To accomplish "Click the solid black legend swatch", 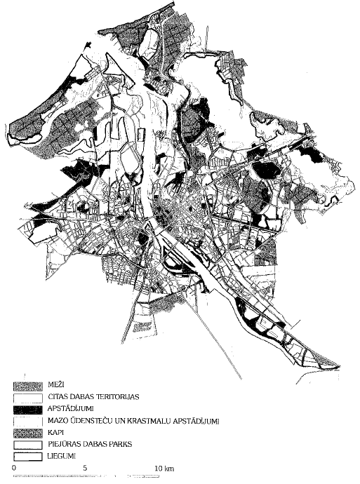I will [x=25, y=409].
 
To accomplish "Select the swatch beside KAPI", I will [x=25, y=433].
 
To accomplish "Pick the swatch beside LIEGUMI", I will [x=25, y=456].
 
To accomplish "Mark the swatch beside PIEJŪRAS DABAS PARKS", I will [x=25, y=445].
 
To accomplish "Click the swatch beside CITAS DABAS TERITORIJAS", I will [x=25, y=397].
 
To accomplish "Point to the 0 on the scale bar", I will [x=14, y=468].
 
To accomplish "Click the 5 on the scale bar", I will [x=85, y=468].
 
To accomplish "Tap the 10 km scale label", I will [x=164, y=468].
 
